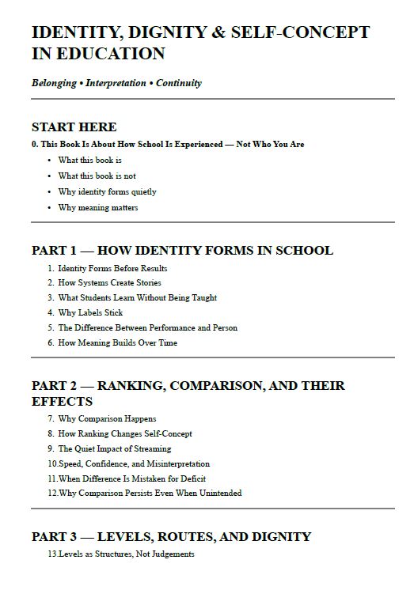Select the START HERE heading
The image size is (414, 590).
click(74, 127)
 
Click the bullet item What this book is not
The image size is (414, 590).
click(97, 176)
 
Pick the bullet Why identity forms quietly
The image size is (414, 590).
click(107, 191)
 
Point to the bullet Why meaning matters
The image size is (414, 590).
click(98, 207)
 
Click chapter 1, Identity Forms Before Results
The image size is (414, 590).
click(112, 268)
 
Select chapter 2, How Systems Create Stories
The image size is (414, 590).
click(109, 282)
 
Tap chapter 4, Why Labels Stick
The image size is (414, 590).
click(90, 312)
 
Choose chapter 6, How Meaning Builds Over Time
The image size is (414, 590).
click(117, 342)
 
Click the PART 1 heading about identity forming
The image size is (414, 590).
click(182, 251)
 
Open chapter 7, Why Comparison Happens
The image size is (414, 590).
click(107, 418)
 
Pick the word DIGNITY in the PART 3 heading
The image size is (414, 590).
click(279, 537)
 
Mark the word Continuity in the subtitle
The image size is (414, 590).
click(180, 83)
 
